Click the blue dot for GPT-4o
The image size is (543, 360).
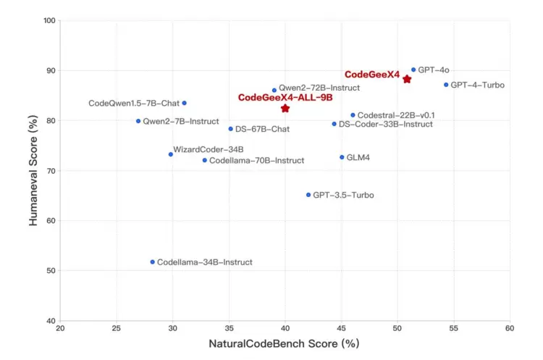coord(413,70)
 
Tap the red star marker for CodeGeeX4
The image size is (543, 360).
coord(407,79)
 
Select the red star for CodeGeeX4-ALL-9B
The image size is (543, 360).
coord(285,108)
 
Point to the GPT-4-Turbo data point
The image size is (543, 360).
coord(446,85)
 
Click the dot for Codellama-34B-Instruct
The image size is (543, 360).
coord(152,261)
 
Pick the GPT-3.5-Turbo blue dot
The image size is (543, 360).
coord(308,195)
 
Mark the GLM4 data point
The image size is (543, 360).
coord(342,157)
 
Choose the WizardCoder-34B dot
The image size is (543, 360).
coord(171,154)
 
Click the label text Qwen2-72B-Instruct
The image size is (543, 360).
coord(319,87)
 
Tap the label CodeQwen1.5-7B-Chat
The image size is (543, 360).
coord(133,104)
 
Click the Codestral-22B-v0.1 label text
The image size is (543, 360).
coord(396,115)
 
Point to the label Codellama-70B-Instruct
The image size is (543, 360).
coord(256,160)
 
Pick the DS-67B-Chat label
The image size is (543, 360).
coord(262,129)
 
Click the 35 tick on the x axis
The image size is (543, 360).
coord(229,328)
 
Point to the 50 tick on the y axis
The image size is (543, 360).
coord(51,271)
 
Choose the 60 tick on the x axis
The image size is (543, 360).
coord(510,328)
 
